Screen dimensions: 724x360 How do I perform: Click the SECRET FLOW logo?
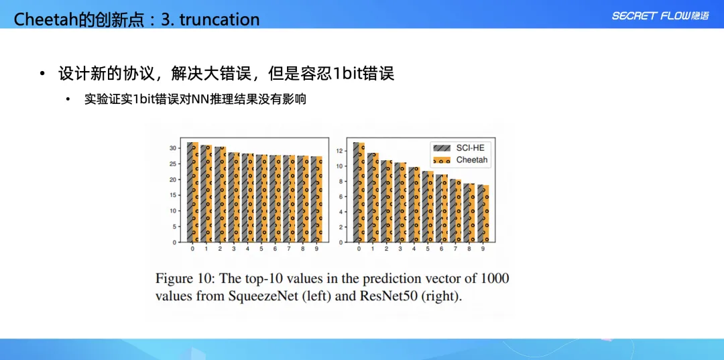[660, 16]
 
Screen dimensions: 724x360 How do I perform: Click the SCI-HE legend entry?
[461, 147]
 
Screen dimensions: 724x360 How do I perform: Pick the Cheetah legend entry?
[461, 160]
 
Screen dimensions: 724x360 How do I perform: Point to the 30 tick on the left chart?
[173, 148]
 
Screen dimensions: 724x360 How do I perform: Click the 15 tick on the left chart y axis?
[173, 195]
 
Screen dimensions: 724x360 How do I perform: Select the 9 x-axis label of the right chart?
[483, 249]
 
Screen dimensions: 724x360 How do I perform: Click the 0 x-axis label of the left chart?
[192, 249]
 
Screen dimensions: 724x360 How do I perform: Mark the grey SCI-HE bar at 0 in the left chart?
[190, 192]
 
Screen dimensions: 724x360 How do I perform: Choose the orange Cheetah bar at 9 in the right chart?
[486, 213]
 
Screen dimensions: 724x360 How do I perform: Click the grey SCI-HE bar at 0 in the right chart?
[356, 192]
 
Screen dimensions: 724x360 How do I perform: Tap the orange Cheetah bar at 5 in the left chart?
[265, 198]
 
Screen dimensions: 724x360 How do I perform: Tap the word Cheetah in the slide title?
[41, 19]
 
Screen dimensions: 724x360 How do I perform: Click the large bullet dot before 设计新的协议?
[43, 74]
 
